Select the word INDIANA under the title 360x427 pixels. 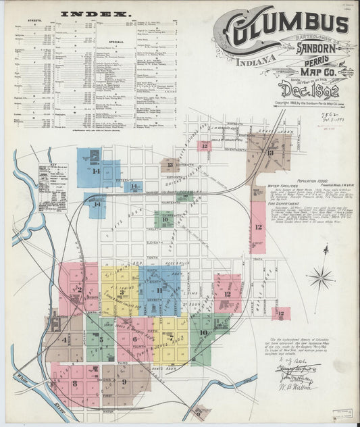tap(255, 61)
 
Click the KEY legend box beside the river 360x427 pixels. tap(53, 187)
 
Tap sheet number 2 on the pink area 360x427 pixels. tap(79, 289)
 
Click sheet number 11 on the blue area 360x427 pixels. tap(159, 291)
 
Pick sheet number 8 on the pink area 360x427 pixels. tap(74, 384)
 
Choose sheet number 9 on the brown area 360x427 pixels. tap(124, 383)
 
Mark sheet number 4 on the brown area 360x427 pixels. tap(64, 339)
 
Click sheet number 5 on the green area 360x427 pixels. tap(101, 339)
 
